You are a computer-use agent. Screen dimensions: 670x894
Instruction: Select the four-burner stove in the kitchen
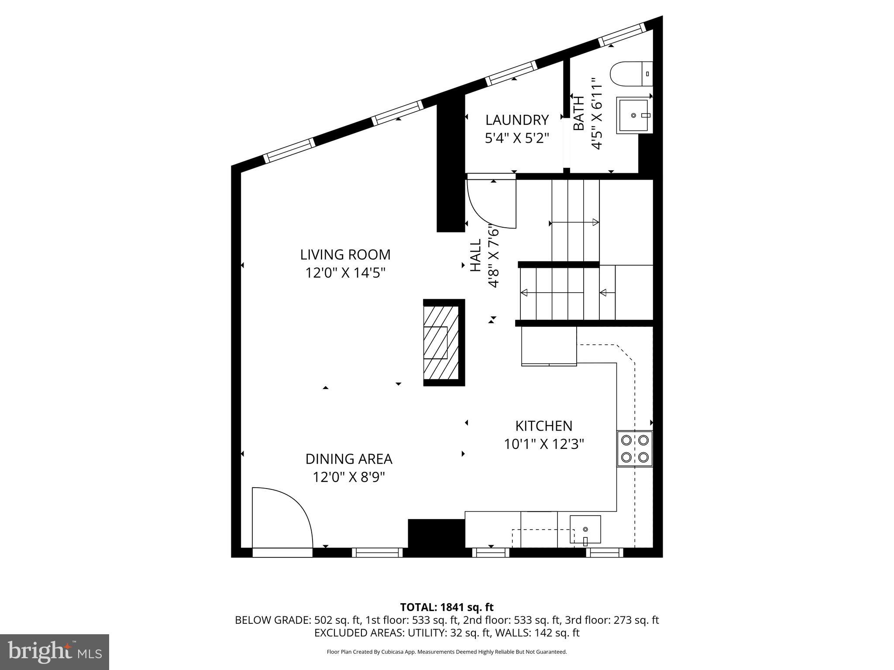[x=634, y=448]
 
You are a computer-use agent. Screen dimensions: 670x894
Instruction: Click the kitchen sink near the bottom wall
[x=585, y=529]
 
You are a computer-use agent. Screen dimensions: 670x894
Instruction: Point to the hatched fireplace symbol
[x=441, y=342]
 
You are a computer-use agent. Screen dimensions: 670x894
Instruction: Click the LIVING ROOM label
[x=345, y=254]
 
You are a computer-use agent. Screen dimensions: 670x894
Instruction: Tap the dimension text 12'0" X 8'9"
[x=348, y=477]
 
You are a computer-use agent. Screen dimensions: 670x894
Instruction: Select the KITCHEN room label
[x=543, y=426]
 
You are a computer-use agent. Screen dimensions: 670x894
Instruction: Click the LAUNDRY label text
[x=517, y=120]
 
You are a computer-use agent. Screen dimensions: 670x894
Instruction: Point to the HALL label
[x=475, y=255]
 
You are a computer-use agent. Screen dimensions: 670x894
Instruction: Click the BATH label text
[x=578, y=113]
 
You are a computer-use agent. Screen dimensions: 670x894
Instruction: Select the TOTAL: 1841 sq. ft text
[x=447, y=607]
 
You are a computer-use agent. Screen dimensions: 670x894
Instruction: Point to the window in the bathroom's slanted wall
[x=622, y=35]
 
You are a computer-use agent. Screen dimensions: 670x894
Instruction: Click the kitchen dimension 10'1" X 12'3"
[x=543, y=444]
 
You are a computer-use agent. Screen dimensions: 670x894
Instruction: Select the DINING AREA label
[x=348, y=459]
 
